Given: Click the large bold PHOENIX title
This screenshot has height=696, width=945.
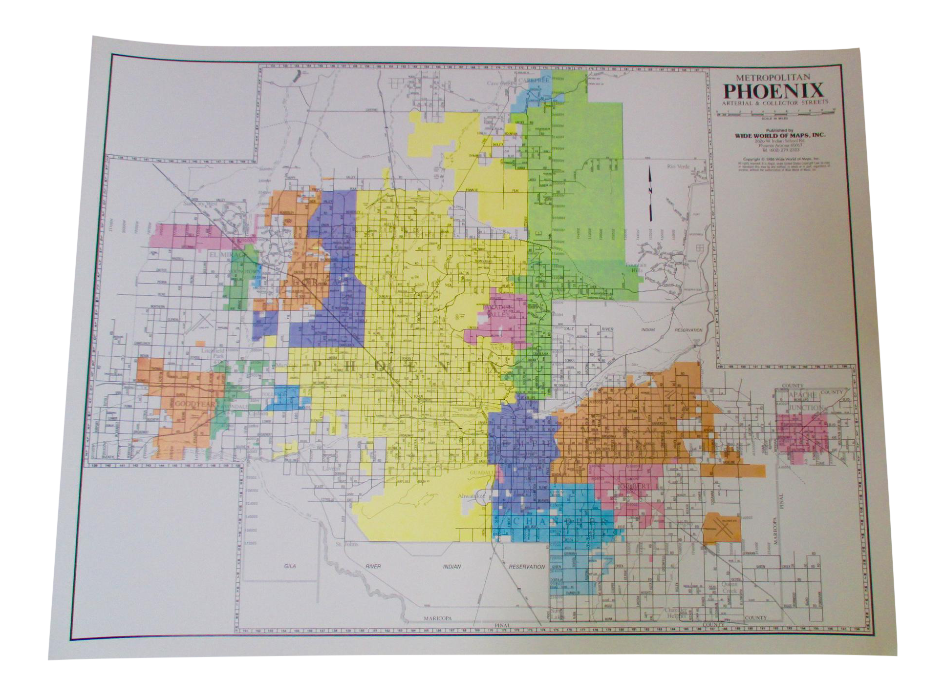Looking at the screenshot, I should point(773,91).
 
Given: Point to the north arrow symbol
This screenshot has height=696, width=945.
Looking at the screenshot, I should point(650,194).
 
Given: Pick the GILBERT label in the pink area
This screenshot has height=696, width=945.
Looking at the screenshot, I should point(637,486).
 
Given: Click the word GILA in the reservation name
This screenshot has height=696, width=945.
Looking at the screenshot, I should point(290,566).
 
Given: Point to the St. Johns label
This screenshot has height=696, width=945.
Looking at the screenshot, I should point(346,544).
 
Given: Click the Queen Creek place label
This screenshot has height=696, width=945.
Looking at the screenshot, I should point(730,588).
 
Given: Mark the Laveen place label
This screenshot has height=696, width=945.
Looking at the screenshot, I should point(331,469).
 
